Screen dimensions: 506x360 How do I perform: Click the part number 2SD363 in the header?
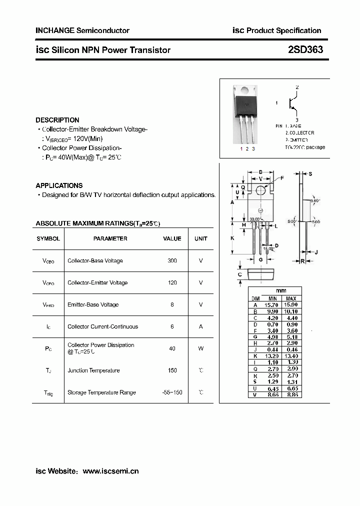tap(305, 49)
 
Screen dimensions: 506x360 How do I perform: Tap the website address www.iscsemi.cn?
tap(110, 471)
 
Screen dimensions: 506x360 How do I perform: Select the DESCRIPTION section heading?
tap(57, 120)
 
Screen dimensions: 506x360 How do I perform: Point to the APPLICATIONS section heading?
tap(59, 185)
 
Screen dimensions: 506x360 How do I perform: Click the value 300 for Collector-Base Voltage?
tap(172, 260)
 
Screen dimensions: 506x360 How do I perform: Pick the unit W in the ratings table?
tap(200, 348)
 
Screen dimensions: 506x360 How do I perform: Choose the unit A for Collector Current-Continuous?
tap(200, 326)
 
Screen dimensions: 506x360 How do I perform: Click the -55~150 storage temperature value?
tap(172, 392)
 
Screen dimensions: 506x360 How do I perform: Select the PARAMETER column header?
tap(110, 238)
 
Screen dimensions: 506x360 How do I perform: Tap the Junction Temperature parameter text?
tap(93, 370)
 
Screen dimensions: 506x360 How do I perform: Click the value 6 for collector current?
tap(172, 326)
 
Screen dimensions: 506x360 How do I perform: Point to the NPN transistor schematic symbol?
tap(293, 103)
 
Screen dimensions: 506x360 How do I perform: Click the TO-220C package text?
tap(305, 147)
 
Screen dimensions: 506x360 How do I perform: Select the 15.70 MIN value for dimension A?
tap(272, 304)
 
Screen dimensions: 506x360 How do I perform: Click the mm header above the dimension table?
tap(281, 291)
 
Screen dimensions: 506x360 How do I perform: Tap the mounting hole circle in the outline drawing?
tap(261, 190)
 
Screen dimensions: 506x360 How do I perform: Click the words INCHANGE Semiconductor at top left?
tap(82, 30)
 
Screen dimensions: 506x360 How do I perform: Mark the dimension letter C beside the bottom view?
tap(240, 274)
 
